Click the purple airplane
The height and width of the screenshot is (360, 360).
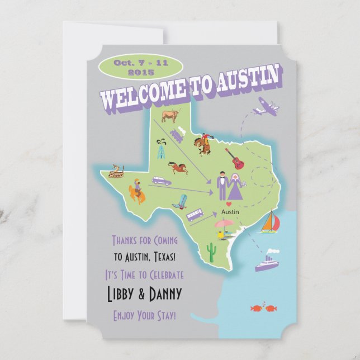click(x=265, y=106)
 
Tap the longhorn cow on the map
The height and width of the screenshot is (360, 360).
click(x=170, y=116)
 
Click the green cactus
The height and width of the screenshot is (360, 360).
click(x=211, y=252)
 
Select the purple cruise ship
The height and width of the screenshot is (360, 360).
click(x=266, y=262)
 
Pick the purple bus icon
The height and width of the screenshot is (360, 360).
click(x=195, y=215)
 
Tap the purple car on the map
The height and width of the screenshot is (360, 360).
click(x=162, y=181)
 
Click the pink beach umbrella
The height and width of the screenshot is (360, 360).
click(x=224, y=225)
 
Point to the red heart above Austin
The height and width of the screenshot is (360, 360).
click(x=228, y=205)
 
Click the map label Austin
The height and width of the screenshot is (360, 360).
click(x=230, y=212)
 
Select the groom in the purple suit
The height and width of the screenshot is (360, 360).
click(x=221, y=185)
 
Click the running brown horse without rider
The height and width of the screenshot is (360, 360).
click(x=177, y=167)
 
